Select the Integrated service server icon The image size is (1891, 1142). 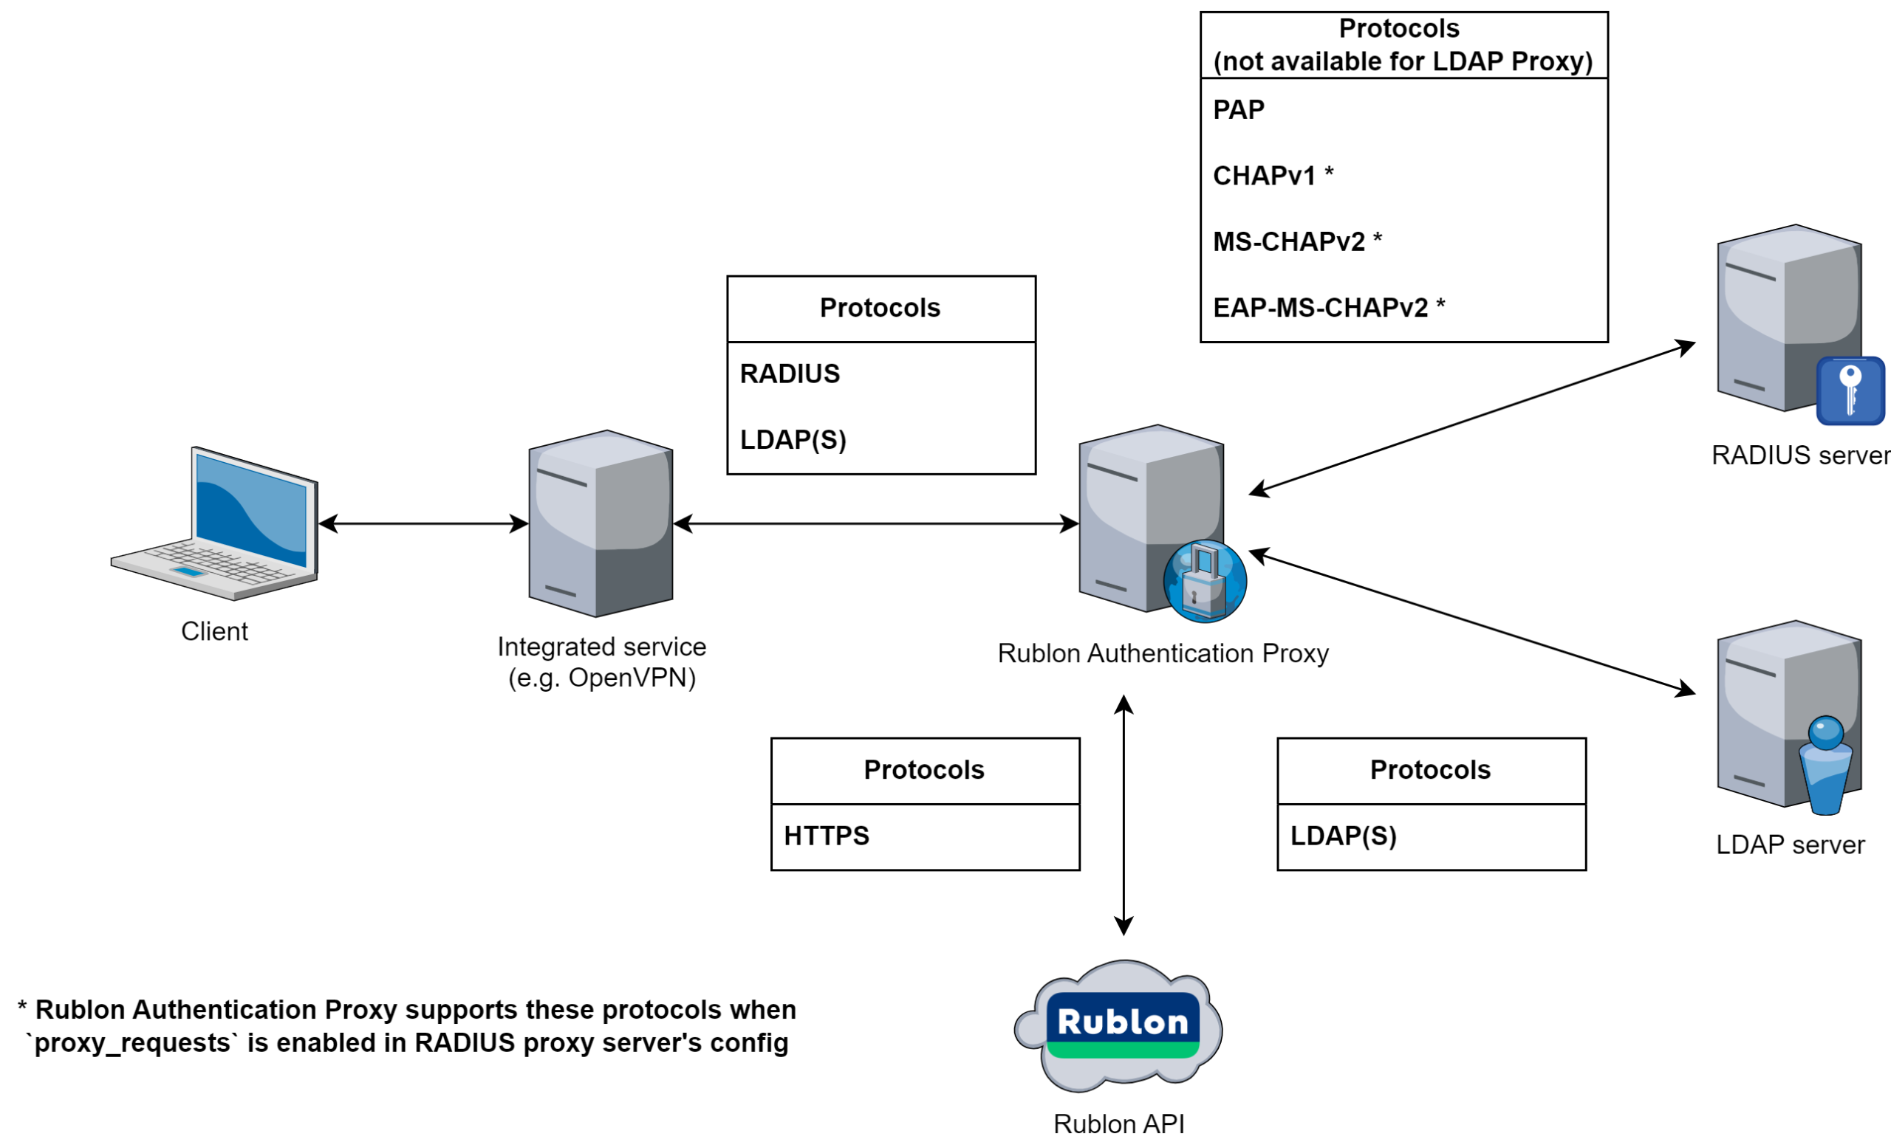(x=601, y=524)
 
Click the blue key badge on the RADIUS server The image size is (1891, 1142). (x=1850, y=391)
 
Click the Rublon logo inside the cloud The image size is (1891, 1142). (x=1122, y=1025)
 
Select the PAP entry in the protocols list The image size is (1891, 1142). (x=1239, y=111)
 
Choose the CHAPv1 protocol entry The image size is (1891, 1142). (x=1265, y=176)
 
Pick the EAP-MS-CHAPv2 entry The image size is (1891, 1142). (x=1321, y=309)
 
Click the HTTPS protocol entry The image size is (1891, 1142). (x=827, y=836)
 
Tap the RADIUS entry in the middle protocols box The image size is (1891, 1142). (x=790, y=374)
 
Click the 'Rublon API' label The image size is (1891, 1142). (x=1119, y=1124)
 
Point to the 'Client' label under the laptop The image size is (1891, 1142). (x=214, y=632)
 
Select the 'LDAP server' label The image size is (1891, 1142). (x=1791, y=845)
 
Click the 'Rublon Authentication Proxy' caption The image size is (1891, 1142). (x=1163, y=654)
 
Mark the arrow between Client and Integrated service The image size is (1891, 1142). (x=423, y=525)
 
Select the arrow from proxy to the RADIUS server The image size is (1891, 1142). (x=1472, y=419)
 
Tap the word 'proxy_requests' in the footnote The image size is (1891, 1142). (x=132, y=1044)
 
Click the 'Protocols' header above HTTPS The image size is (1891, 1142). (x=924, y=770)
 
